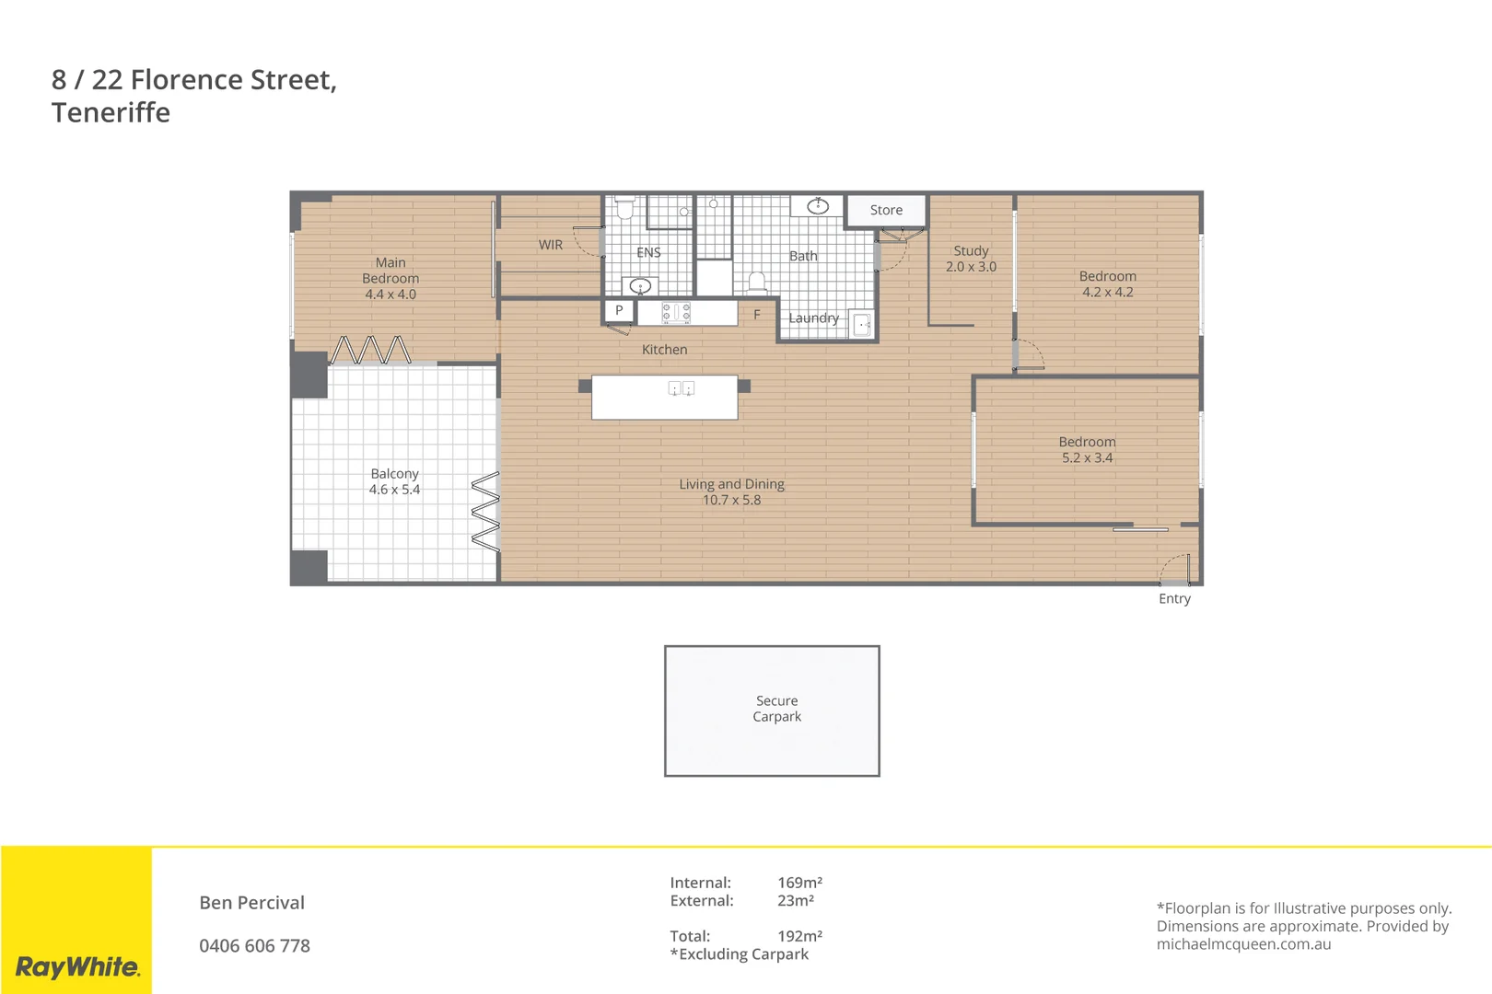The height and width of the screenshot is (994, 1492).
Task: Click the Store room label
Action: tap(886, 210)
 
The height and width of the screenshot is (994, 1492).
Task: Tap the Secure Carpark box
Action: tap(772, 710)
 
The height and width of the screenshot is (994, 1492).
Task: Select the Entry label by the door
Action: tap(1173, 598)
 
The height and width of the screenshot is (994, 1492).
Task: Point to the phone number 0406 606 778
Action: tap(254, 945)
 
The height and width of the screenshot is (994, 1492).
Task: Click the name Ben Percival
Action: tap(251, 902)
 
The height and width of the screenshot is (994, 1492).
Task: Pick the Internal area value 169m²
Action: tap(798, 882)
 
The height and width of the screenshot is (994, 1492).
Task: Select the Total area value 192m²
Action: tap(798, 935)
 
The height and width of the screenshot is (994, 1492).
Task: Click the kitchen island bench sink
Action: tap(681, 389)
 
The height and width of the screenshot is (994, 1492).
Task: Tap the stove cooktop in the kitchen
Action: tap(676, 313)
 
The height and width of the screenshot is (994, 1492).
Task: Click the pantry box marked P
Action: tap(619, 310)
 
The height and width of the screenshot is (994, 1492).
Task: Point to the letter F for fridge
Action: tap(756, 315)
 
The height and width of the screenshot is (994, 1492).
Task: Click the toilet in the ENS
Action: tap(624, 209)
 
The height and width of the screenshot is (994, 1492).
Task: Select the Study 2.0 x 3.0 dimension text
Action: tap(971, 267)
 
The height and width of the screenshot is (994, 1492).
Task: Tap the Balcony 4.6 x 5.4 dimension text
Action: tap(394, 490)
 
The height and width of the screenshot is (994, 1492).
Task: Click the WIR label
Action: tap(550, 245)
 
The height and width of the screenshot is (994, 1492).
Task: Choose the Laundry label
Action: tap(813, 318)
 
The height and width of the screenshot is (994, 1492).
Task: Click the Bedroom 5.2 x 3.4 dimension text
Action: tap(1087, 457)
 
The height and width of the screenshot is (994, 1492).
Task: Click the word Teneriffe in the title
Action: tap(111, 112)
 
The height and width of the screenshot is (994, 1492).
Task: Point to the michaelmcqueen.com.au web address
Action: tap(1243, 943)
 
